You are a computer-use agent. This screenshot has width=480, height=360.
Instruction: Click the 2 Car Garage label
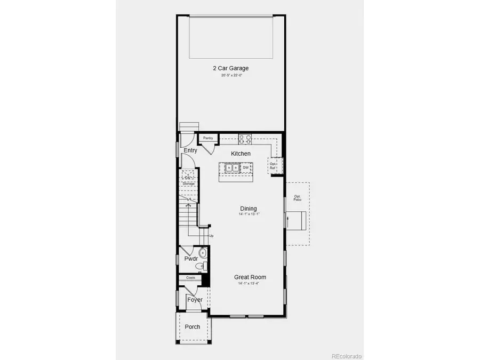coord(231,68)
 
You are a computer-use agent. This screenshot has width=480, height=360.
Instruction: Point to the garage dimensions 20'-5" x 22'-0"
coord(231,76)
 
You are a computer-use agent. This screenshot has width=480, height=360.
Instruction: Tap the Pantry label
coord(208,138)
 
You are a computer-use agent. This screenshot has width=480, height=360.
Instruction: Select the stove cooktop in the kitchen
coord(245,140)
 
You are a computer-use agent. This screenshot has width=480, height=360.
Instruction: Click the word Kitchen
coord(241,154)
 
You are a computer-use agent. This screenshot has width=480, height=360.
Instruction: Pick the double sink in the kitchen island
coord(233,168)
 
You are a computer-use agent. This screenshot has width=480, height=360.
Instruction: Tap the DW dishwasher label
coord(246,168)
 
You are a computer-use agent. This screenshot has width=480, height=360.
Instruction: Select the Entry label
coord(190,150)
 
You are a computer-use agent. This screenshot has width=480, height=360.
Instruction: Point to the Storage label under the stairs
coord(189,183)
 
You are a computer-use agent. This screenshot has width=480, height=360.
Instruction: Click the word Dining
coord(249,209)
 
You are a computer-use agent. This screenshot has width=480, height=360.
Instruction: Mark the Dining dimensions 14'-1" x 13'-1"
coord(249,214)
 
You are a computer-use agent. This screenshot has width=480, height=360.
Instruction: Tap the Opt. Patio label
coord(298,198)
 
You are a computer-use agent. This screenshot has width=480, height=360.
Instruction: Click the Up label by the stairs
coord(211,236)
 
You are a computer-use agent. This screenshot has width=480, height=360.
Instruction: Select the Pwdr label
coord(191,259)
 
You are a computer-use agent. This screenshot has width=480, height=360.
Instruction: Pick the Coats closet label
coord(190,278)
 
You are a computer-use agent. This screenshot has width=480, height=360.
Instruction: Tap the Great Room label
coord(250,277)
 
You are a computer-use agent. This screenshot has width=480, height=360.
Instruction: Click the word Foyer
coord(195,300)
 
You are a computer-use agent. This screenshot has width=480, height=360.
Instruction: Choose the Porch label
coord(192,326)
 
